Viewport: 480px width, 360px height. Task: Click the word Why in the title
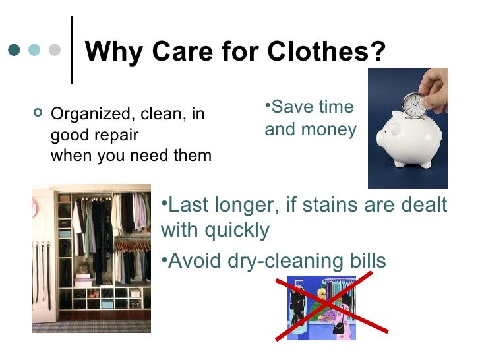(x=111, y=52)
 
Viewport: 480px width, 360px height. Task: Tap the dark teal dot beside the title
(x=15, y=51)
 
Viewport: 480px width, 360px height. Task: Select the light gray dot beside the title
(x=55, y=51)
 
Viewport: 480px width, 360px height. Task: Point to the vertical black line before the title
(x=72, y=50)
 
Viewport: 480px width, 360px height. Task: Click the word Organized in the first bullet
(x=84, y=115)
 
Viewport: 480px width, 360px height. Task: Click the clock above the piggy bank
(x=413, y=105)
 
